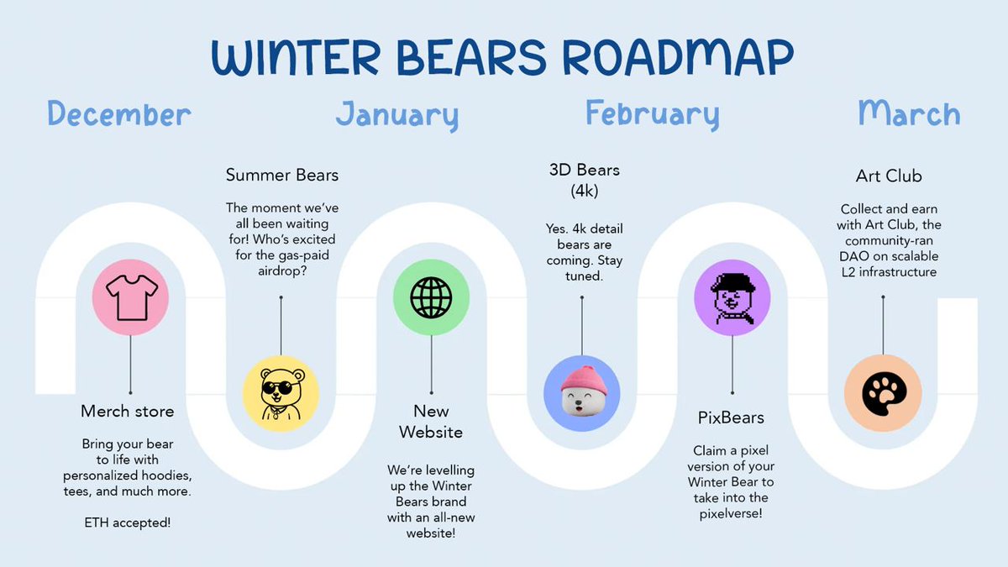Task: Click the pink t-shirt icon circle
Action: coord(130,297)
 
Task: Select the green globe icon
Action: coord(431,297)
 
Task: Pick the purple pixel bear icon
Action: coord(732,297)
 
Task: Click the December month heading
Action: coord(119,114)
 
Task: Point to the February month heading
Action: coord(653,113)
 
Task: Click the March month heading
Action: coord(909,113)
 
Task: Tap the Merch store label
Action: coord(128,411)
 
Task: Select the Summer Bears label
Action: coord(282,176)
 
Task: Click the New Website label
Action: coord(431,422)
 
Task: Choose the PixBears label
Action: coord(731,417)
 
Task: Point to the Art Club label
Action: coord(888,176)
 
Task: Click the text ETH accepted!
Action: coord(128,522)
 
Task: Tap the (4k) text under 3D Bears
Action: coord(584,190)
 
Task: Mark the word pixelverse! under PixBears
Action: coord(731,512)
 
